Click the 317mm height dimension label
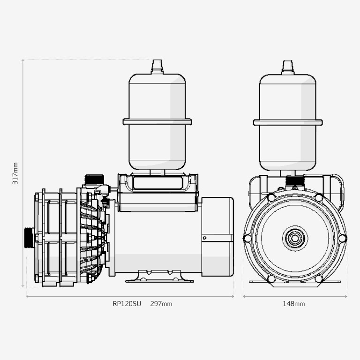15,173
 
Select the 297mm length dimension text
161,304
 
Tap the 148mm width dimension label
294,304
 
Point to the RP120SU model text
127,304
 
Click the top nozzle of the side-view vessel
157,67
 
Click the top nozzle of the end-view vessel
288,67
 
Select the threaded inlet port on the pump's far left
30,238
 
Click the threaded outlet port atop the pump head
94,179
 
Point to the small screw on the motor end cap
204,238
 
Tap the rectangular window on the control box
158,183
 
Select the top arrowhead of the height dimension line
23,60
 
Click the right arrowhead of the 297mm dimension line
232,296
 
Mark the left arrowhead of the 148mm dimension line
244,296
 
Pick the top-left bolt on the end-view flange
271,198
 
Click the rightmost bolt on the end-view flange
343,238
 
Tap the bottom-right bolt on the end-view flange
319,279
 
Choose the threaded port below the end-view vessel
295,180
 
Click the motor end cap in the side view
217,237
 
